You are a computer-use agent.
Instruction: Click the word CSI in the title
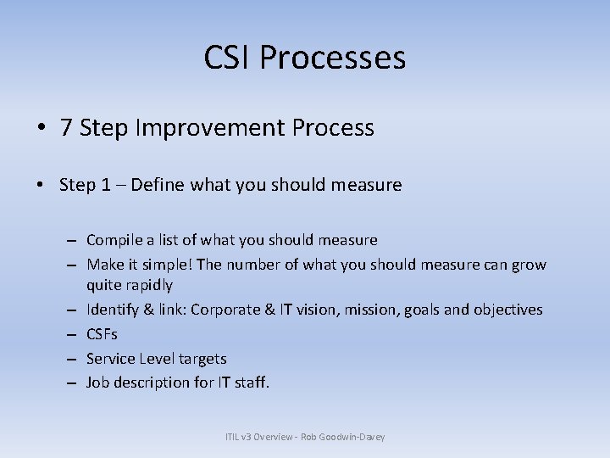point(228,58)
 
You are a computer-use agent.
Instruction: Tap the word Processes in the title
point(333,58)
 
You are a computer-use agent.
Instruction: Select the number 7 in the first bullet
point(65,128)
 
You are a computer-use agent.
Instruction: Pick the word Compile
point(114,240)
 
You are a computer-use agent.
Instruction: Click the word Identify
point(114,310)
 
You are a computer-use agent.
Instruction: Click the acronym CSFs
point(102,334)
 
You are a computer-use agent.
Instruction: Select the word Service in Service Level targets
point(111,359)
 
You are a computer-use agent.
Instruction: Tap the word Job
point(98,383)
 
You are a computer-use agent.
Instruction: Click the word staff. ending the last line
point(251,383)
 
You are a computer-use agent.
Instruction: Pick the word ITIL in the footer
point(233,437)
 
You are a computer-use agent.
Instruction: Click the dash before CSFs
point(75,334)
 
